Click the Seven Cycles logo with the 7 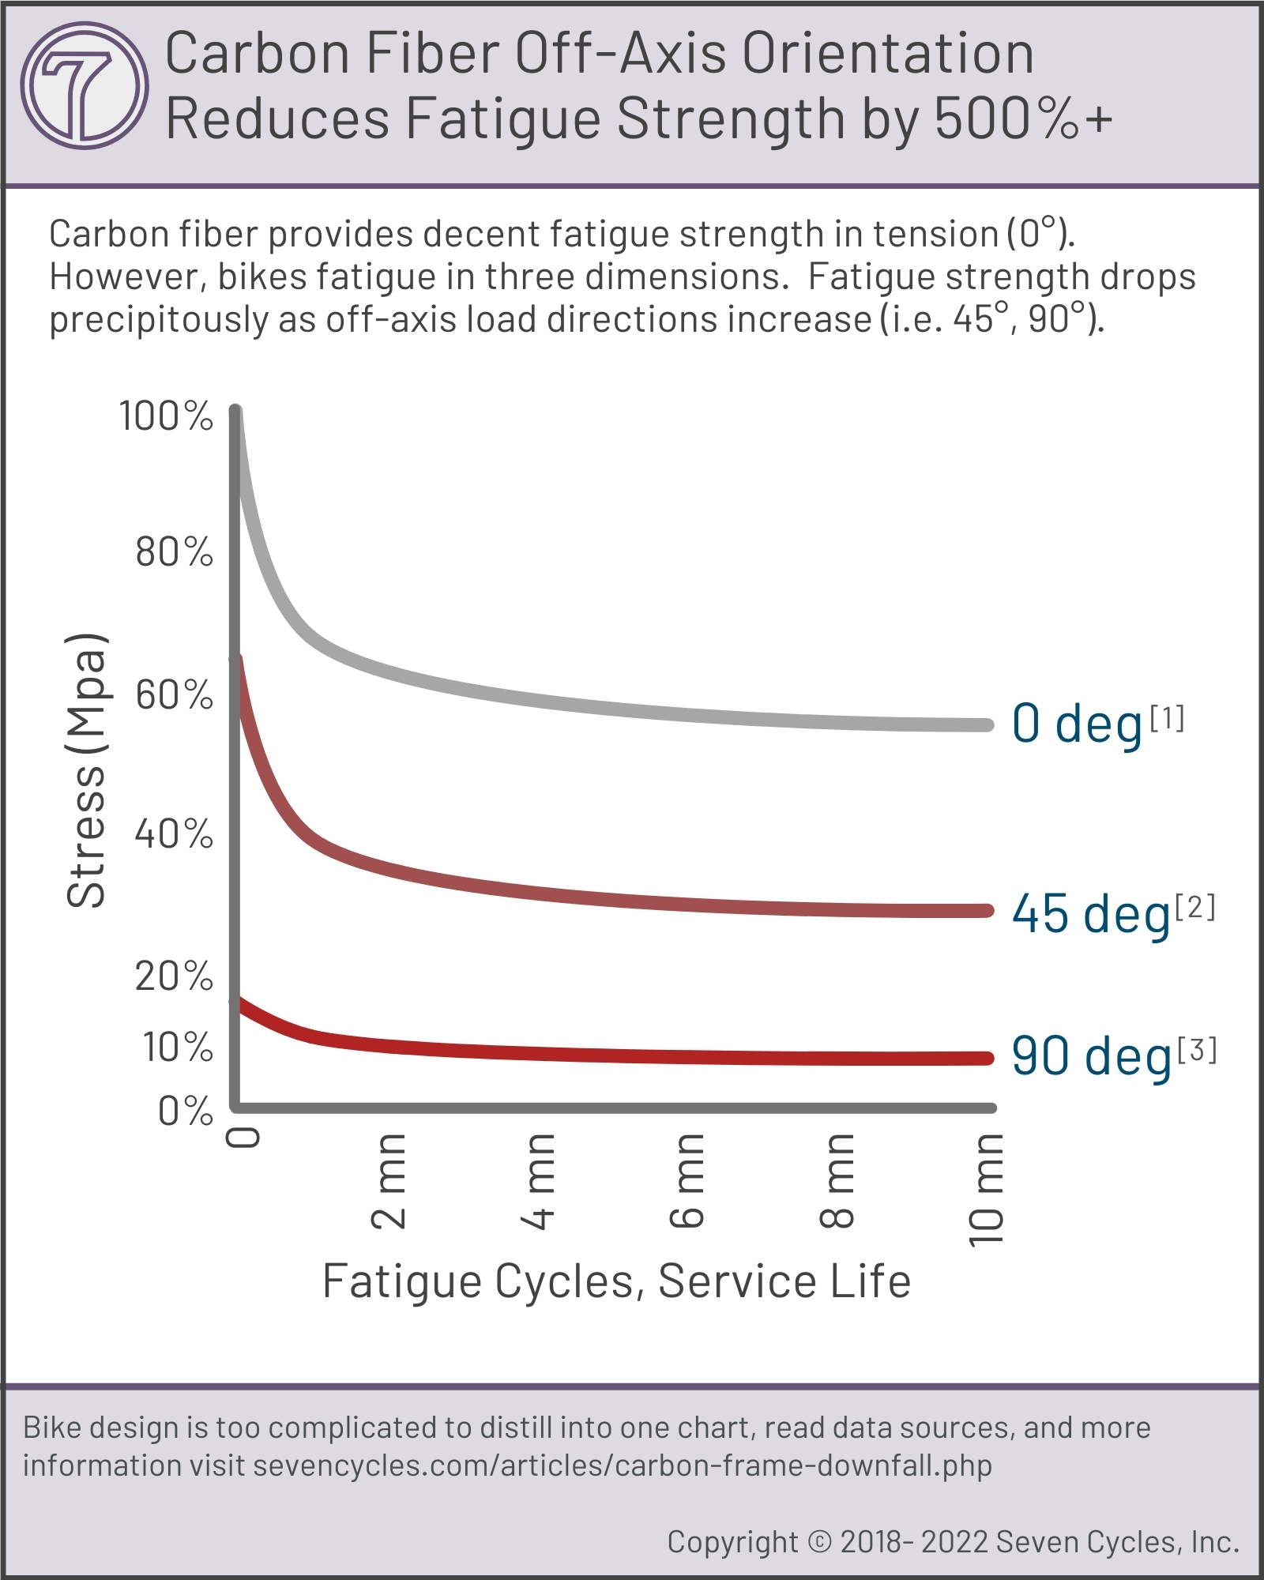[x=84, y=85]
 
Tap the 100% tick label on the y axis [x=166, y=416]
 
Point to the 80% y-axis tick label [x=174, y=551]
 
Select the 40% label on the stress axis [x=174, y=833]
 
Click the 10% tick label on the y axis [x=178, y=1048]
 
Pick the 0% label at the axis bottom [x=185, y=1111]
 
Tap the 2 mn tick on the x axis [x=389, y=1180]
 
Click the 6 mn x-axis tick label [x=687, y=1180]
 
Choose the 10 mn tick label [x=985, y=1189]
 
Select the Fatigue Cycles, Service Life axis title [x=616, y=1281]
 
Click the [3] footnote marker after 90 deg [x=1197, y=1050]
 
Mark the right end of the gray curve [x=986, y=725]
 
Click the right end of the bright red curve [x=986, y=1059]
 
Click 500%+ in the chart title [x=1024, y=118]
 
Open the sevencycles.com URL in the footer [x=623, y=1465]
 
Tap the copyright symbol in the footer [x=821, y=1541]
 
